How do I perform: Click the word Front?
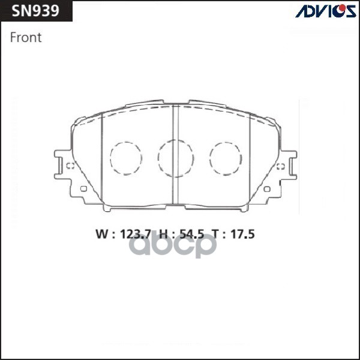coord(26,37)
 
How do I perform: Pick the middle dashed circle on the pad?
coord(176,158)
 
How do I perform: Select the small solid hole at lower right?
coord(268,190)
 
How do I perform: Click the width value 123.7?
coord(134,235)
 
